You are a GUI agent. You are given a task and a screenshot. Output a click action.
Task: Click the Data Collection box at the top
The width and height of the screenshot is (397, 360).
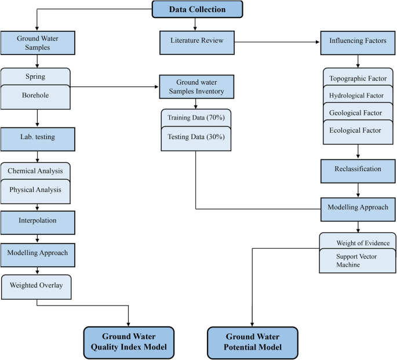tap(197, 9)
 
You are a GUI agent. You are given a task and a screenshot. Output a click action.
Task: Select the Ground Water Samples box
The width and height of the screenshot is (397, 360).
tap(38, 44)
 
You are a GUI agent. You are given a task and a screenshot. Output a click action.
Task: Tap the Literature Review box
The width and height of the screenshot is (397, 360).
tap(196, 41)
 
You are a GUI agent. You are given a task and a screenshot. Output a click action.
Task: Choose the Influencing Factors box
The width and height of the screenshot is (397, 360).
tap(358, 41)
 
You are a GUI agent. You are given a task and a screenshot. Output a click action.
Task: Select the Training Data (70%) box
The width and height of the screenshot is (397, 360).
tap(196, 117)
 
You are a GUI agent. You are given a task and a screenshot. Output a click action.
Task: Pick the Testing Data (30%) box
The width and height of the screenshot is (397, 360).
tap(196, 137)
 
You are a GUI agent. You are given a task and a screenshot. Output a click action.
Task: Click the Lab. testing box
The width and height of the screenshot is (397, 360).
tap(38, 139)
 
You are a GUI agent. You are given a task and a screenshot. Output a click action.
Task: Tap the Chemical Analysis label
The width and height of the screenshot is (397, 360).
tap(35, 171)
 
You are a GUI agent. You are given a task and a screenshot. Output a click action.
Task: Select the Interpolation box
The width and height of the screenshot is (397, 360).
tap(38, 221)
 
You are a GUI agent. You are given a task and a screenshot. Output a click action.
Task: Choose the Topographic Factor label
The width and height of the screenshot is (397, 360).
tap(358, 78)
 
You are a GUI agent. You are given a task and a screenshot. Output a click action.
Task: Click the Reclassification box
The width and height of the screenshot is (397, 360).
tap(358, 169)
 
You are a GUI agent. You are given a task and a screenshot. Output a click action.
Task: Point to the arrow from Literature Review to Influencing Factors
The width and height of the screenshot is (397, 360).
tap(276, 41)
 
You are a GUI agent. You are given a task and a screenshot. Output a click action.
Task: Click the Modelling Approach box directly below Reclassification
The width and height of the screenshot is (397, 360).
tap(358, 207)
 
